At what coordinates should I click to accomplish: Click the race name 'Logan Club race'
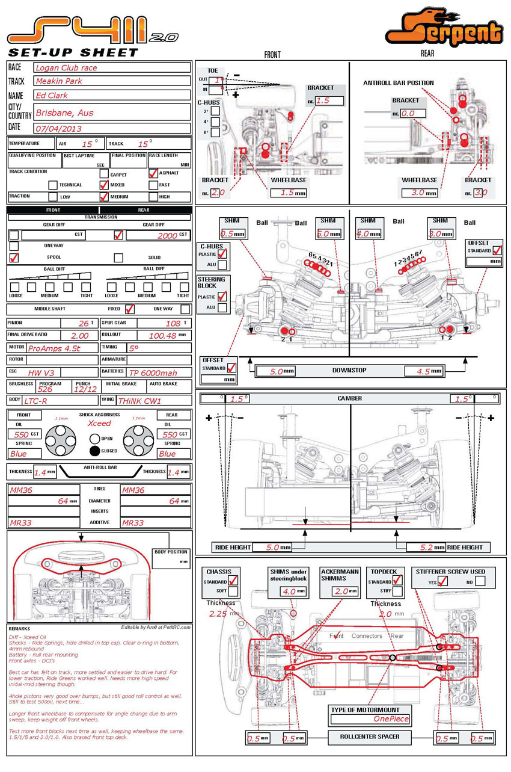click(66, 67)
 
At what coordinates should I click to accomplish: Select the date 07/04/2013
click(58, 128)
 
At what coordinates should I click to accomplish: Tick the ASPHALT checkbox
click(153, 173)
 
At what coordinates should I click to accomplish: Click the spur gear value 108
click(173, 323)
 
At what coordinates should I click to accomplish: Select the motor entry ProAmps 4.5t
click(54, 348)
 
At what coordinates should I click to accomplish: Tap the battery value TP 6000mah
click(153, 373)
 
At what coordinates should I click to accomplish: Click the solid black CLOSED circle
click(95, 451)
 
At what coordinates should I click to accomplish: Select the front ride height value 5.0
click(272, 548)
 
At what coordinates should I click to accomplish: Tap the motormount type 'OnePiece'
click(391, 718)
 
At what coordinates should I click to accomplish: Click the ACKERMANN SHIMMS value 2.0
click(341, 591)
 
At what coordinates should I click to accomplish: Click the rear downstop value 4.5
click(423, 371)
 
